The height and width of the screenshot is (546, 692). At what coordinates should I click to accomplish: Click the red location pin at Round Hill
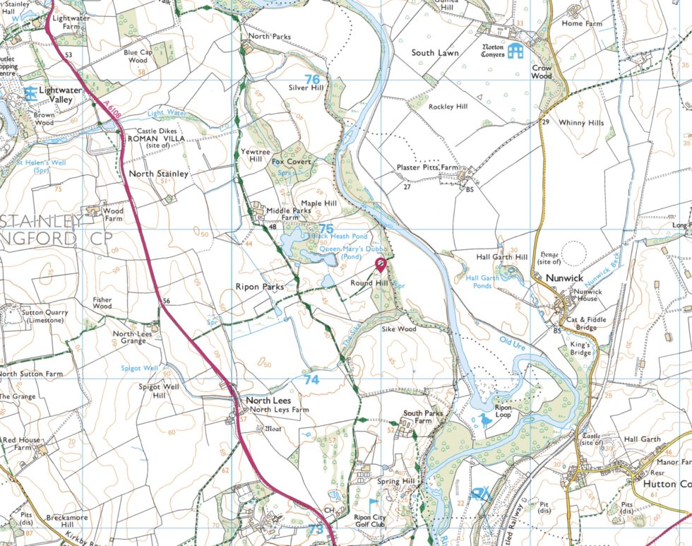click(381, 265)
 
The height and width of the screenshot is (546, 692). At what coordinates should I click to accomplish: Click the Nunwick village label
click(564, 278)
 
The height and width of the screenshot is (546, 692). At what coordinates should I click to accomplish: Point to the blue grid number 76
click(312, 79)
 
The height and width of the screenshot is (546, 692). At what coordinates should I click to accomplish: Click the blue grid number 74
click(311, 379)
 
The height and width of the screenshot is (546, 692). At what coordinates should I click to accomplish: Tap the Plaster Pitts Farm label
click(427, 167)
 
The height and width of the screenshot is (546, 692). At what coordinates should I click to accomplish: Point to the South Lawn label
click(435, 53)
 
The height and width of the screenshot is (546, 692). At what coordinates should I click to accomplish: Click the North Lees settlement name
click(268, 400)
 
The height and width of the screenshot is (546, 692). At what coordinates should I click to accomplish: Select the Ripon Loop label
click(502, 413)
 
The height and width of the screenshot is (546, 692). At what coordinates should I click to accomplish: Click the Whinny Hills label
click(581, 123)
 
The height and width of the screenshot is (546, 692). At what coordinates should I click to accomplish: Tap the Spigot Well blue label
click(140, 368)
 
